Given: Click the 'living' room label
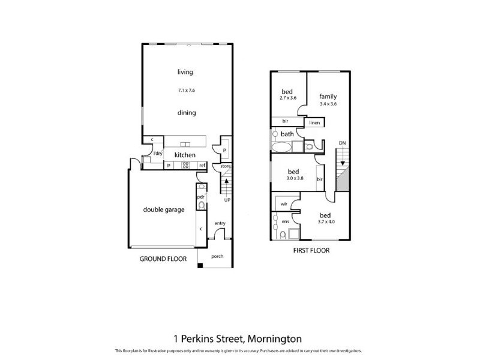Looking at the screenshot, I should pyautogui.click(x=185, y=73).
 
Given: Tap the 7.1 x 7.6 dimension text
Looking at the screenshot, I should pyautogui.click(x=187, y=91).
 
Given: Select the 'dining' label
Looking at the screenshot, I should pyautogui.click(x=187, y=112).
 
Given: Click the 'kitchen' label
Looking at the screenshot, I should pyautogui.click(x=185, y=155).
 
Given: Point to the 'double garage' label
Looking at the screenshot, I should pyautogui.click(x=163, y=209).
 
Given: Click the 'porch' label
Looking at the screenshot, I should pyautogui.click(x=217, y=256).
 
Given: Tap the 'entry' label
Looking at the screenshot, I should pyautogui.click(x=220, y=224).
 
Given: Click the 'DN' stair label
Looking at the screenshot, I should pyautogui.click(x=342, y=143).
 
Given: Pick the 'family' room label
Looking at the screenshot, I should pyautogui.click(x=328, y=96).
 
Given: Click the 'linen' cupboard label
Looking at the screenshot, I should pyautogui.click(x=314, y=122).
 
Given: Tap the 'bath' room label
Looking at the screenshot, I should pyautogui.click(x=287, y=134).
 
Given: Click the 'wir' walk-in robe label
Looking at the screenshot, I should pyautogui.click(x=284, y=204).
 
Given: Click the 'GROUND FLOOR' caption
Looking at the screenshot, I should pyautogui.click(x=163, y=259).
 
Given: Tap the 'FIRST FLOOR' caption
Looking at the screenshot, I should pyautogui.click(x=311, y=250).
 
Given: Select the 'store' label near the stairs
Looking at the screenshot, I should pyautogui.click(x=225, y=166).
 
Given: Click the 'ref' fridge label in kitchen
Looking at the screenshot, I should pyautogui.click(x=203, y=166).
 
